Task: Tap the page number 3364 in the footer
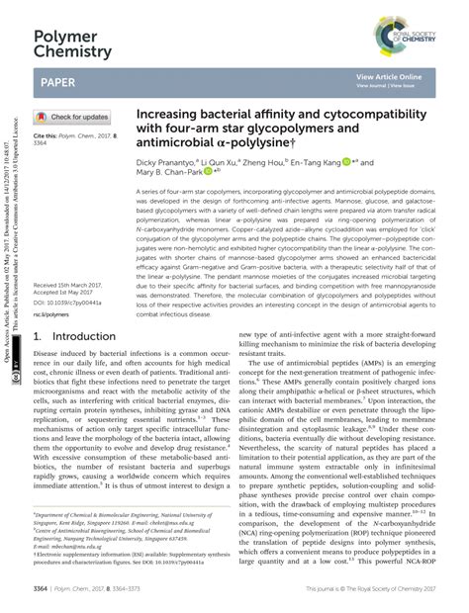point(41,586)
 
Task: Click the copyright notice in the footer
point(370,586)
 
